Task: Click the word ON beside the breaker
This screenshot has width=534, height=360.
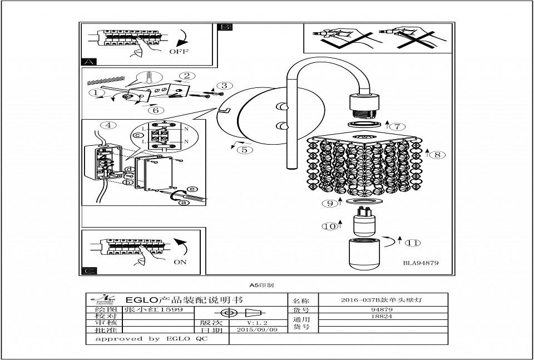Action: pos(180,262)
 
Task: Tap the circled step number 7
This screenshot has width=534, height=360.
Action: pos(400,126)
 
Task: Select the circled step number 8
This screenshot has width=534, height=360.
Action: pos(438,155)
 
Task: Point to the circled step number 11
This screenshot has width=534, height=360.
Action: pos(412,243)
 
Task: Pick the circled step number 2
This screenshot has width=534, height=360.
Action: pos(187,76)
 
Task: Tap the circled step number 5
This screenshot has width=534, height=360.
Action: pos(245,149)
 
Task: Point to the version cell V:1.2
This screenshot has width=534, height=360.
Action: pos(257,322)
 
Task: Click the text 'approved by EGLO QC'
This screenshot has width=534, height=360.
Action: pos(151,338)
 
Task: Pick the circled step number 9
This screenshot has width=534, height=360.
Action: pos(329,204)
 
